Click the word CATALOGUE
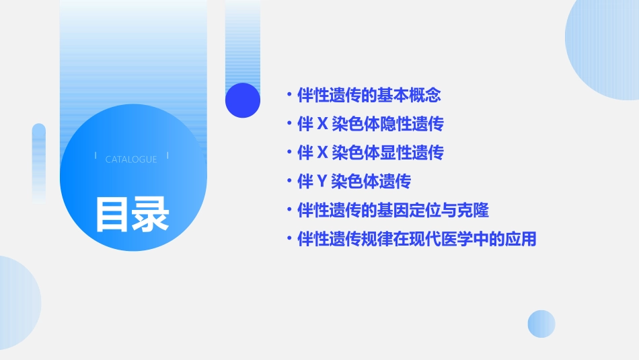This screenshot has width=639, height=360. click(x=131, y=159)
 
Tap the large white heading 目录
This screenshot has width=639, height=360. click(x=132, y=214)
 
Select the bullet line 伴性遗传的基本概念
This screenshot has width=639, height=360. click(x=369, y=96)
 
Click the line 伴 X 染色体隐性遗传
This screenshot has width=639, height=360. click(x=370, y=124)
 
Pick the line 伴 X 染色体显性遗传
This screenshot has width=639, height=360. click(x=370, y=153)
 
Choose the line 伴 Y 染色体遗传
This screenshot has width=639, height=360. click(x=354, y=182)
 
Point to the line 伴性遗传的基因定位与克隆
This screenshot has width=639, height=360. click(x=393, y=211)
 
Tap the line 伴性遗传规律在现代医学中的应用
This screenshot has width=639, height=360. click(x=416, y=239)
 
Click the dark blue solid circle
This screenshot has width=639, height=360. click(x=243, y=100)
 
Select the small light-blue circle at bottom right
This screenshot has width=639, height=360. click(x=541, y=324)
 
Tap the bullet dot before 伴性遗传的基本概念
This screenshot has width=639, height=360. click(x=289, y=96)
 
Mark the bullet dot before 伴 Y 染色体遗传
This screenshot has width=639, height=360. click(x=289, y=182)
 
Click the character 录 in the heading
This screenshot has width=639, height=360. click(x=151, y=214)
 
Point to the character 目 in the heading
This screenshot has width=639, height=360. click(x=112, y=214)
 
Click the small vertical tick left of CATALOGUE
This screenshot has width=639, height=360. click(x=95, y=156)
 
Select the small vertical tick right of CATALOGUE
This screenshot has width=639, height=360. click(x=167, y=156)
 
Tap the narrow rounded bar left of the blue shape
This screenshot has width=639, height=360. click(x=39, y=161)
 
